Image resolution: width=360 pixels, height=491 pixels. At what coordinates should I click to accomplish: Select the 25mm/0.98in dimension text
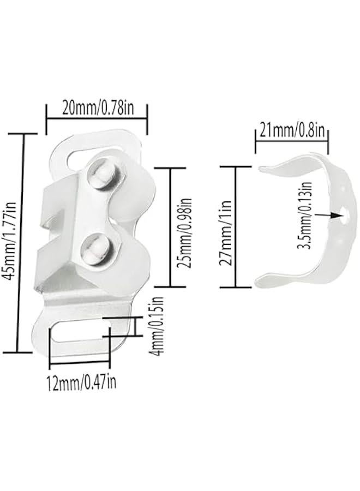[x=187, y=226]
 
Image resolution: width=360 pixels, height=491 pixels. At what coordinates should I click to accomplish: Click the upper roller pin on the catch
[x=103, y=173]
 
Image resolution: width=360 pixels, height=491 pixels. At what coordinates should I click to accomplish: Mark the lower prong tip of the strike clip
[x=259, y=283]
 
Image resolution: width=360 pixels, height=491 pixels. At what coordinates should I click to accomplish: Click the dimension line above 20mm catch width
[x=97, y=117]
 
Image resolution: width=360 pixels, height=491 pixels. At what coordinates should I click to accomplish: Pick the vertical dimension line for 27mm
[x=236, y=226]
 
